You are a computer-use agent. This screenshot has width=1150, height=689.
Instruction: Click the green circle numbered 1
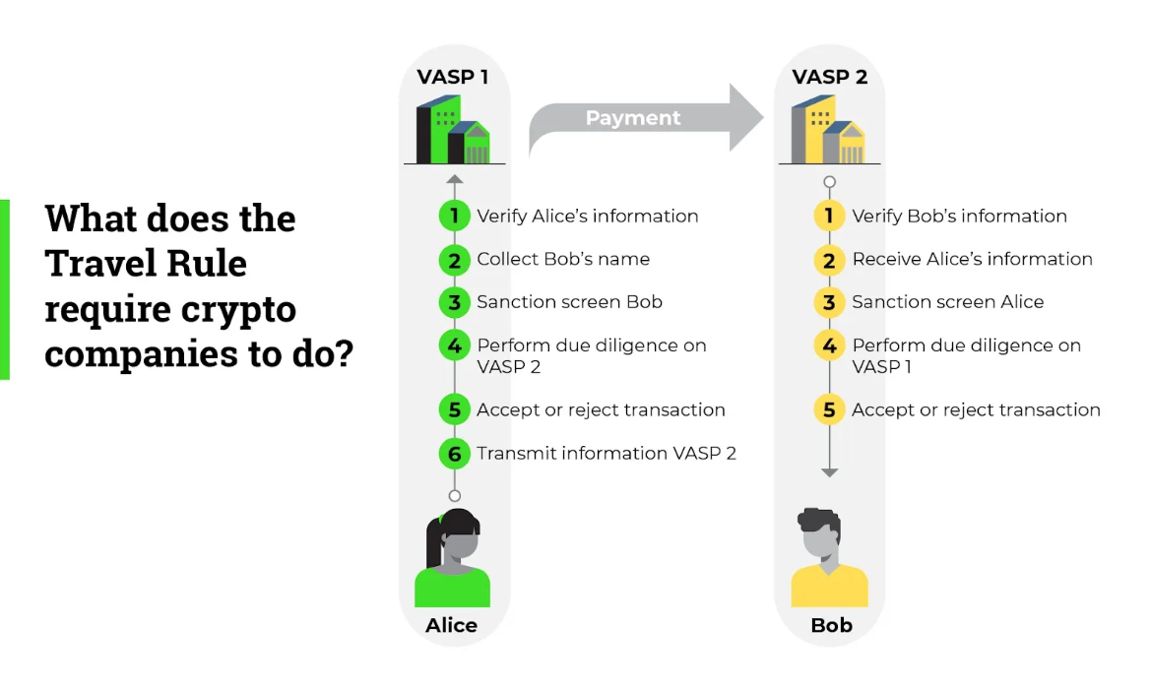pos(454,216)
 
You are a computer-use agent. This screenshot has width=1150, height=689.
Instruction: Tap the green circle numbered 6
pos(454,453)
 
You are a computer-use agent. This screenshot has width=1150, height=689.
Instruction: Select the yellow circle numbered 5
pos(829,409)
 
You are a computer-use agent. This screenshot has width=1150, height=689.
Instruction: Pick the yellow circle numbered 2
pos(829,259)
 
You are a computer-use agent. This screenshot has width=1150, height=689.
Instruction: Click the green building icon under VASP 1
pos(453,131)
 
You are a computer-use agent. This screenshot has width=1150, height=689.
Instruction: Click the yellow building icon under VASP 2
pos(828,131)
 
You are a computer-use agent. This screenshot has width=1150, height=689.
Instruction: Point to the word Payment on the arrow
pos(633,118)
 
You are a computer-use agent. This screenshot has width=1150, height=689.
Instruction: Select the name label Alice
pos(452,625)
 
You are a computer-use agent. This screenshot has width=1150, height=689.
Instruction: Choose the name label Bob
pos(831,625)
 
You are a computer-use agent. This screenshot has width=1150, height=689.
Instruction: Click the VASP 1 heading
pos(453,77)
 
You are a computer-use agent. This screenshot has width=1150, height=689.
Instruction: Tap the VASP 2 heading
pos(830,77)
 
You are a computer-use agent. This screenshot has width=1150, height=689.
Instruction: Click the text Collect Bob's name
pos(563,259)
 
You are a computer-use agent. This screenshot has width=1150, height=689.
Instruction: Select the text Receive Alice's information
pos(972,259)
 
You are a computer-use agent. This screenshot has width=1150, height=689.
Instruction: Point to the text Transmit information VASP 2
pos(607,453)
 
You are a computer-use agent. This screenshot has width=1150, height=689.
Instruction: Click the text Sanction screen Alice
pos(947,302)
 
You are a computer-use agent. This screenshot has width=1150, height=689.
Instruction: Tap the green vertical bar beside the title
pos(5,289)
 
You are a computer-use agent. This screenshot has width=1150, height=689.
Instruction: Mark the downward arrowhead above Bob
pos(829,472)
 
